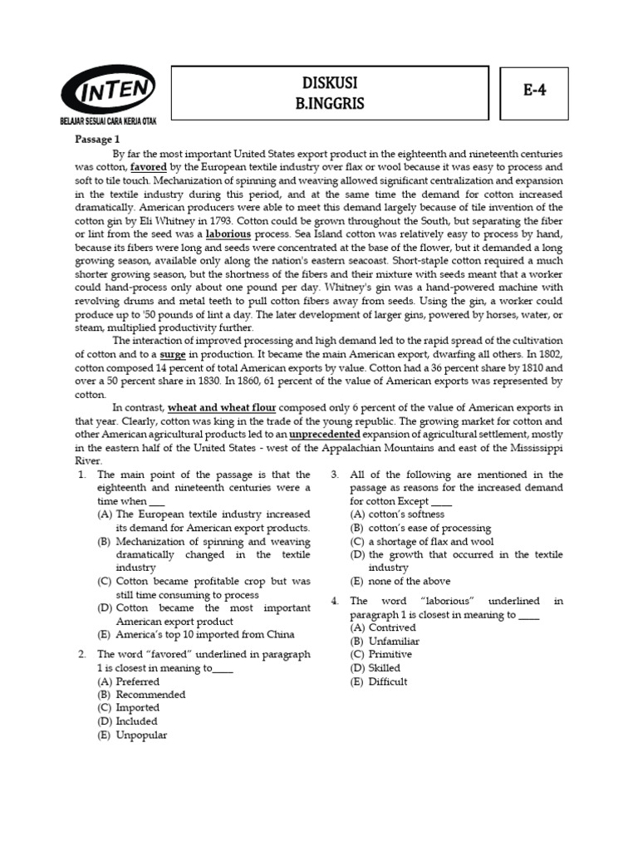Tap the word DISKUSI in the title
(x=330, y=84)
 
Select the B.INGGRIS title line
(x=330, y=103)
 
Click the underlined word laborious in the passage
(x=228, y=234)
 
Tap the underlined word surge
(x=174, y=355)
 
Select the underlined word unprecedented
(x=325, y=435)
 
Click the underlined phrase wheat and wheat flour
(x=222, y=408)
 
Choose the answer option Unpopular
(x=141, y=735)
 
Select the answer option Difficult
(x=388, y=681)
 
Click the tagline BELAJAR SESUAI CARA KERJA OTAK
(x=108, y=121)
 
